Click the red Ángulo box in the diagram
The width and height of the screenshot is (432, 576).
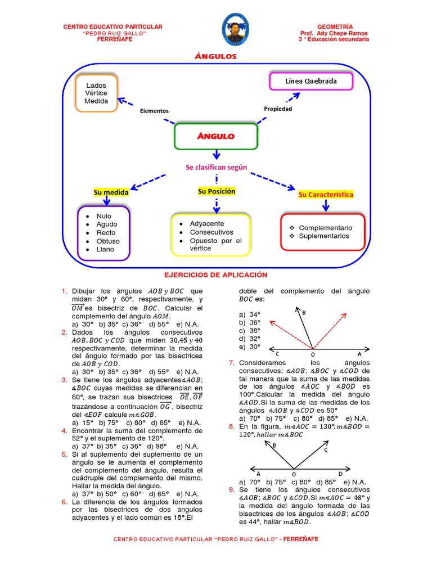tap(216, 136)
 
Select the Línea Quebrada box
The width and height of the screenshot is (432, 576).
tap(311, 81)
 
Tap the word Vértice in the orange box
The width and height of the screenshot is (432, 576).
tap(96, 93)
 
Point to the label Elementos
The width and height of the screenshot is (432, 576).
tap(154, 111)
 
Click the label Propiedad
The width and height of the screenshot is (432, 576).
tap(278, 109)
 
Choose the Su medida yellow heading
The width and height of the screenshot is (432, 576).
tap(111, 192)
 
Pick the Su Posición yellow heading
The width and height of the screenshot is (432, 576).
tap(217, 191)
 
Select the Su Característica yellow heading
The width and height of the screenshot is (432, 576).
tap(326, 194)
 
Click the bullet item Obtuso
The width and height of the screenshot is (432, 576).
tap(108, 241)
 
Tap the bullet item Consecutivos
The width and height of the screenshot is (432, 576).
tap(211, 232)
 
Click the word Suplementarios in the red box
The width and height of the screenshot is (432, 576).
tap(324, 236)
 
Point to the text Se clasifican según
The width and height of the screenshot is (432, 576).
tap(217, 167)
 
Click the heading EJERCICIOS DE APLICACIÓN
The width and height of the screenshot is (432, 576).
tap(215, 274)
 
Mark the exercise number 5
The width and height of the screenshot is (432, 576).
tap(65, 453)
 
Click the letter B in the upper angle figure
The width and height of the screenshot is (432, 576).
tap(304, 312)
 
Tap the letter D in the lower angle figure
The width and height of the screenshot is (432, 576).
tap(340, 474)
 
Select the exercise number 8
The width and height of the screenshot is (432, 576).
tap(231, 426)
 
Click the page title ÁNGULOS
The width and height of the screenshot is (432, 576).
tap(215, 56)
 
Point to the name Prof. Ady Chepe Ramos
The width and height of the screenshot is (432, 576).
tap(334, 33)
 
